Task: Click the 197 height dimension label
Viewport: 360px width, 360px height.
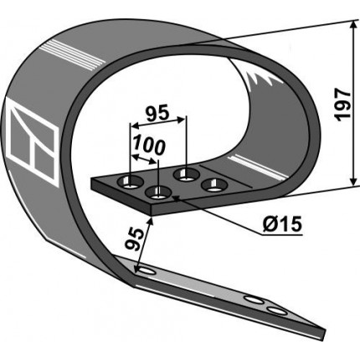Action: coord(343,105)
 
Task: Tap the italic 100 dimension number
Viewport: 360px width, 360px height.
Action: coord(149,146)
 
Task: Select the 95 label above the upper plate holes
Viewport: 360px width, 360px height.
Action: coord(157,113)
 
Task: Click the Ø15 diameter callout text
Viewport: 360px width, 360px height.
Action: coord(282,224)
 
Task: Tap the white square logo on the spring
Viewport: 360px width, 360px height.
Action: coord(32,146)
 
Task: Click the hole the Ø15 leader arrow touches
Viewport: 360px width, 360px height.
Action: coord(159,193)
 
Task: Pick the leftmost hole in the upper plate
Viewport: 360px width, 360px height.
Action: coord(131,183)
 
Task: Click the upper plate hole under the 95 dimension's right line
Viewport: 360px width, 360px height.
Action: coord(187,175)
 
